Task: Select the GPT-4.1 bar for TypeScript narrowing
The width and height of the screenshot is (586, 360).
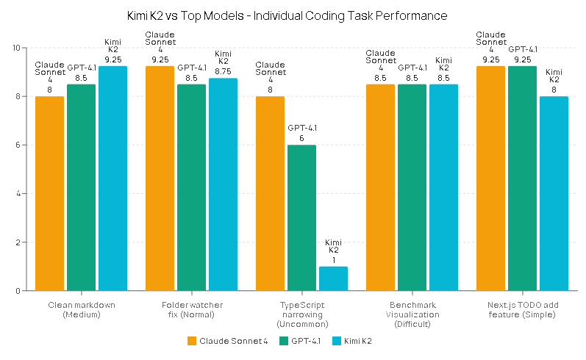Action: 301,218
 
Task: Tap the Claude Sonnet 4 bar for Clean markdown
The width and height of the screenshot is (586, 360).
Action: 49,193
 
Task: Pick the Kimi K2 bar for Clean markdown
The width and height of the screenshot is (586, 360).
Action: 112,179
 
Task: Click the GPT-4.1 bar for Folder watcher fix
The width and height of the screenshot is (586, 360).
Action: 191,187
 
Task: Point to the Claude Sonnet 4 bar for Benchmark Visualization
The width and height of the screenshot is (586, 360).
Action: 380,187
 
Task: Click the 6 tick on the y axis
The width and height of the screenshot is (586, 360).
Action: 18,145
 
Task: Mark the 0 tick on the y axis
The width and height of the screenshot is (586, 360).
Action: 18,291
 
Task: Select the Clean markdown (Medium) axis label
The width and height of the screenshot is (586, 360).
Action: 81,309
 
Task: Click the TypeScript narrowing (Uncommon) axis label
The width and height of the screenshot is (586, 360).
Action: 301,314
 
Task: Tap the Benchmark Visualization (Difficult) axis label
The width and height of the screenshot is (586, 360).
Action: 412,314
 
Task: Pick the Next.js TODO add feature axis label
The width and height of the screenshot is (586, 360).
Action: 522,309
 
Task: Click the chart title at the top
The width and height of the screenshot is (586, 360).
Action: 293,15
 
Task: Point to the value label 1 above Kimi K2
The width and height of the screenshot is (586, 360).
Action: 333,259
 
